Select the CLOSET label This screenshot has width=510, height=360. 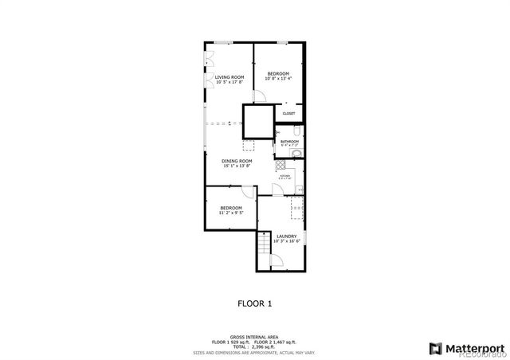click(288, 113)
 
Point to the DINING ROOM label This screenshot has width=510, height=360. click(237, 162)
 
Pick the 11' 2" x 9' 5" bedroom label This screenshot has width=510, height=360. click(231, 210)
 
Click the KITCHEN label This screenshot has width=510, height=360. click(284, 176)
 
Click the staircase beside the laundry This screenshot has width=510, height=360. click(263, 252)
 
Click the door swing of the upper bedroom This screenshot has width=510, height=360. click(259, 96)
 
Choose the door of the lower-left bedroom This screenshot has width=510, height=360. click(249, 194)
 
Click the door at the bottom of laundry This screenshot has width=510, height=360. click(276, 261)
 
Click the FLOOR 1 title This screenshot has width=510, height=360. click(255, 303)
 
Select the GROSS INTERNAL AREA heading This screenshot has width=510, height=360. click(255, 336)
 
